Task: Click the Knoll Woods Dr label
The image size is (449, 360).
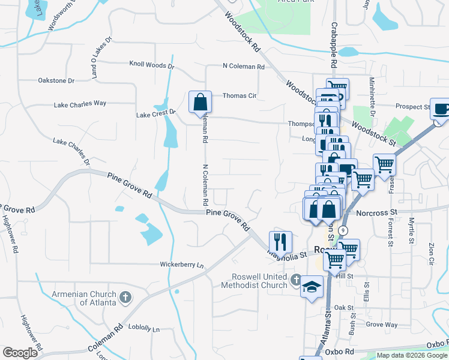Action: tap(152, 65)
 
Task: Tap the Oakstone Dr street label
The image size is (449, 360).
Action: tap(56, 80)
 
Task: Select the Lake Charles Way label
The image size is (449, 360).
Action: tap(80, 103)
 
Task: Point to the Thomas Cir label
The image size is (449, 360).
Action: tap(240, 95)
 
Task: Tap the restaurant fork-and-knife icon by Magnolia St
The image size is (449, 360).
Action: tap(280, 242)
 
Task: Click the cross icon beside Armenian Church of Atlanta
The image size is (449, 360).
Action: tap(125, 297)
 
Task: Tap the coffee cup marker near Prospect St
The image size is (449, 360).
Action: tap(441, 109)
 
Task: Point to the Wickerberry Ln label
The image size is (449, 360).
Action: tap(182, 264)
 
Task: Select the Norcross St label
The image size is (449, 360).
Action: tap(376, 212)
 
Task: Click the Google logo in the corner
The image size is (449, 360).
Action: tap(20, 353)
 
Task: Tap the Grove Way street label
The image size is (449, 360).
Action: tap(382, 325)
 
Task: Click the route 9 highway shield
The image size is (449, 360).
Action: tap(342, 230)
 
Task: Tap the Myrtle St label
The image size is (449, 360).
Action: tap(412, 231)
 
